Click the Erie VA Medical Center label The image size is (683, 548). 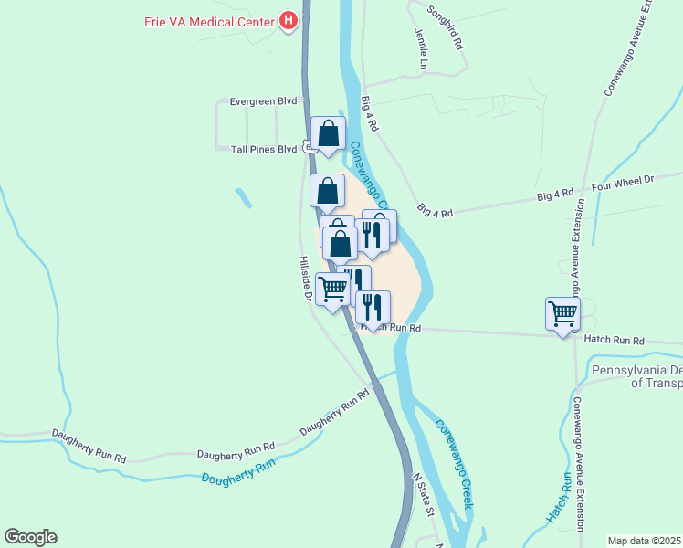click(210, 20)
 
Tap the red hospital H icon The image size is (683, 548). click(289, 19)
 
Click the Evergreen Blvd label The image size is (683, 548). click(264, 101)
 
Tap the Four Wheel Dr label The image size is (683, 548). click(624, 183)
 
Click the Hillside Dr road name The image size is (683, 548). click(307, 279)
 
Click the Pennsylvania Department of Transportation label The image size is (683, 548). click(636, 376)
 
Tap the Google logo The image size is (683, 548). click(31, 537)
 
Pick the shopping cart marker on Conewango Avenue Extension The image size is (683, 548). click(563, 314)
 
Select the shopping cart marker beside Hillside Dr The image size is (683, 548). click(333, 290)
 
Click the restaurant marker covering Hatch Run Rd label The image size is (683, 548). click(373, 307)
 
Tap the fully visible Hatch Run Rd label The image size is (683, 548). click(614, 340)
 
